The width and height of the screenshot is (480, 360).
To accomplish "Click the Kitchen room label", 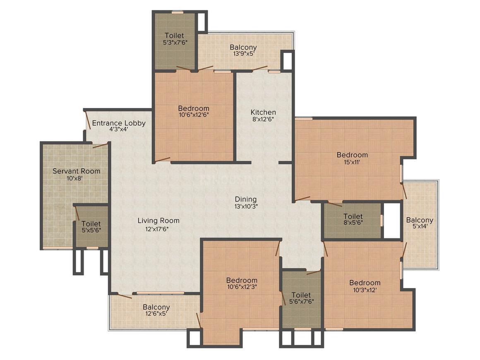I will click(x=263, y=112).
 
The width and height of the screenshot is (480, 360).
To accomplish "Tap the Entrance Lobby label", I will click(x=118, y=123).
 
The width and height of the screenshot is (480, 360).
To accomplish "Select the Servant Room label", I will click(x=76, y=170).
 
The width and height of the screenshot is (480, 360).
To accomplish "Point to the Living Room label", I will click(x=158, y=221).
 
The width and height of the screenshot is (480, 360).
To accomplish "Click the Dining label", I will click(x=246, y=199).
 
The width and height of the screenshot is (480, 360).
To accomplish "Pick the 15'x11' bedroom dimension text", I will click(x=352, y=162).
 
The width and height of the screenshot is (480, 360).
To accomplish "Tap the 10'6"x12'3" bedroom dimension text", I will click(x=242, y=287).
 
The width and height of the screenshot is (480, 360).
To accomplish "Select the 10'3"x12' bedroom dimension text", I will click(x=365, y=290).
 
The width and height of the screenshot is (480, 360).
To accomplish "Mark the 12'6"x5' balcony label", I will click(x=156, y=314).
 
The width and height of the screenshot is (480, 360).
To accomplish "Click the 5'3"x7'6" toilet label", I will click(x=174, y=42).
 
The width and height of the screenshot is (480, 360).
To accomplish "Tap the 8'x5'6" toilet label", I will click(x=353, y=223).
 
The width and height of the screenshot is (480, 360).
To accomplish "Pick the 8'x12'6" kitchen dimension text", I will click(x=263, y=119).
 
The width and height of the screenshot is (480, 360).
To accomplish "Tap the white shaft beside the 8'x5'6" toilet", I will click(x=391, y=221).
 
